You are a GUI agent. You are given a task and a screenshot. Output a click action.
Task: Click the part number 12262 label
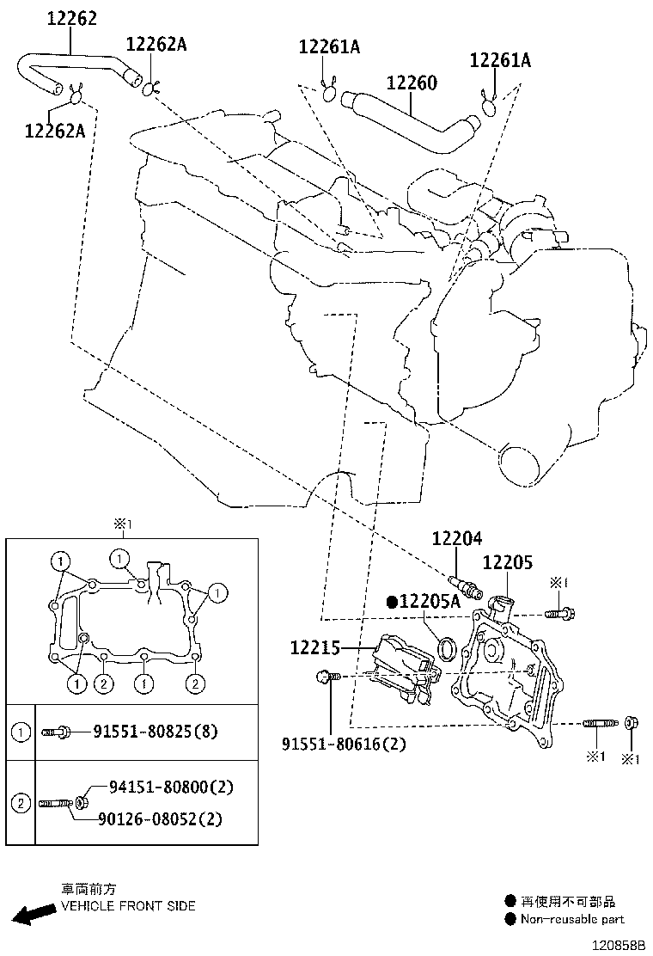coord(71,18)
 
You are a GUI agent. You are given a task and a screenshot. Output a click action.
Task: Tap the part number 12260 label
coord(412,83)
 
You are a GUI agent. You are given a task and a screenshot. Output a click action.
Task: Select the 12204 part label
coord(457,538)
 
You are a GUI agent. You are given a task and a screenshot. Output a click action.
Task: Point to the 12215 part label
coord(315,647)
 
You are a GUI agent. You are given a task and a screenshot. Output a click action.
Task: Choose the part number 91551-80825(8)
coord(156,732)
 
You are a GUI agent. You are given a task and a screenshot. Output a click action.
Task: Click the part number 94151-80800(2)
coord(171,787)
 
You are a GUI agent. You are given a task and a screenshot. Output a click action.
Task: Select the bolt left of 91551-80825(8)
coord(58,732)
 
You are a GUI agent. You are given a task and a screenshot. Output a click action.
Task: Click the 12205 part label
coord(508,563)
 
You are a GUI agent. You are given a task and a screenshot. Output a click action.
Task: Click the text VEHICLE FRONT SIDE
coord(128,906)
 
